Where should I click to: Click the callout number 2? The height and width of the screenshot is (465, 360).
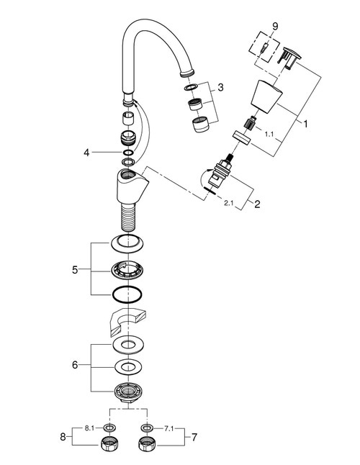coord(257,203)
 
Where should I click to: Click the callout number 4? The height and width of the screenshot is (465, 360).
coord(86,153)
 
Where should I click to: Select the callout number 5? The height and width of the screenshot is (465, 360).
coord(75,271)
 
